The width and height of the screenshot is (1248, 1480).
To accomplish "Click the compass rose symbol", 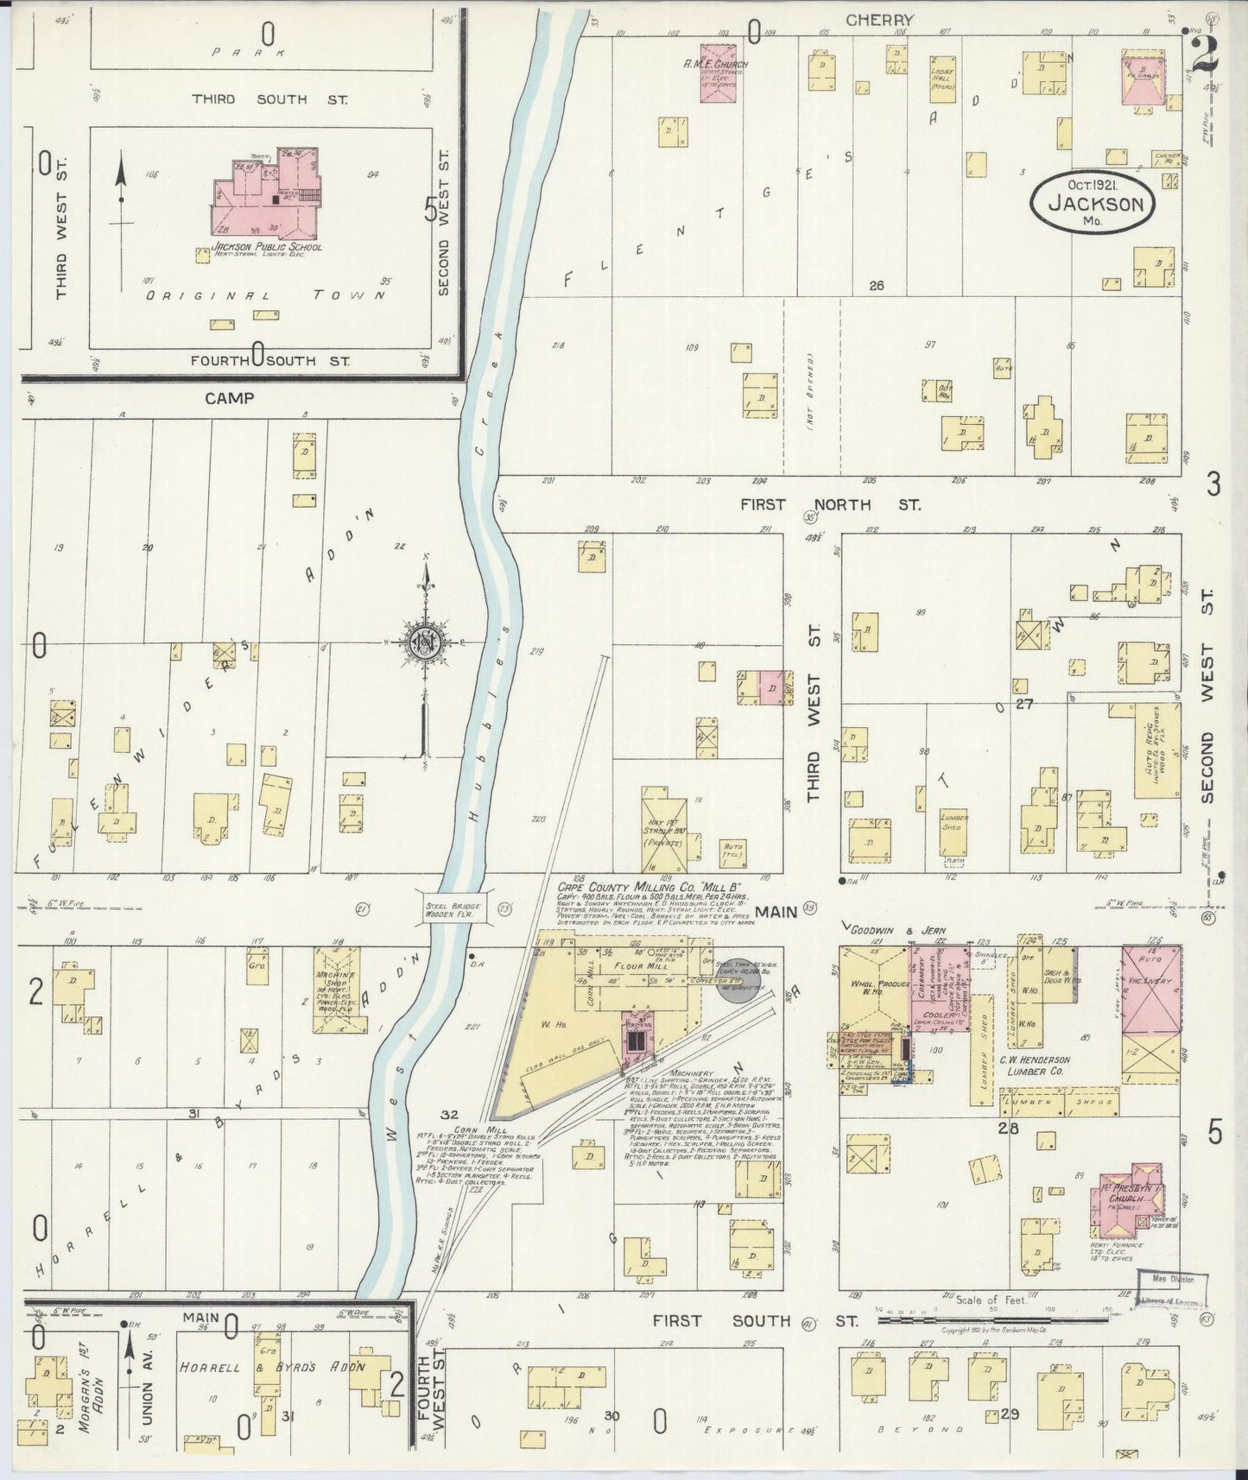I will pos(426,643).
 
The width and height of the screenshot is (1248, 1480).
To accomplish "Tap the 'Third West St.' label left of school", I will pos(61,229).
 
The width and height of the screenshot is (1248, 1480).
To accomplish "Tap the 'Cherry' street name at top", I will pos(879,20).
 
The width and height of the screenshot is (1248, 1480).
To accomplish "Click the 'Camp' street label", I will pos(229,398).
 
